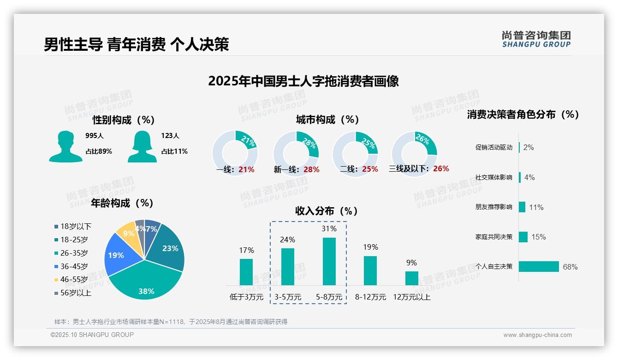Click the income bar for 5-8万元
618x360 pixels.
pyautogui.click(x=329, y=261)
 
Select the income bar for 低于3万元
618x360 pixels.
pyautogui.click(x=246, y=272)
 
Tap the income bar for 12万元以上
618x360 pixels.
pyautogui.click(x=411, y=278)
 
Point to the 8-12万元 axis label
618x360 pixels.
pyautogui.click(x=370, y=297)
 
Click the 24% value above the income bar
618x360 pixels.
pyautogui.click(x=288, y=240)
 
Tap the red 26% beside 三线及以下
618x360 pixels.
pyautogui.click(x=441, y=168)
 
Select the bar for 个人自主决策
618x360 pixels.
pyautogui.click(x=539, y=266)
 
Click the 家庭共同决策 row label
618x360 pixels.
pyautogui.click(x=494, y=237)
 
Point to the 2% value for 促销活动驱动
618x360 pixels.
pyautogui.click(x=529, y=147)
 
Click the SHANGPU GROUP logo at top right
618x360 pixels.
pyautogui.click(x=536, y=39)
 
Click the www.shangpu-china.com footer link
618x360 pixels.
pyautogui.click(x=537, y=335)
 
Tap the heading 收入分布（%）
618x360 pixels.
pyautogui.click(x=327, y=211)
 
